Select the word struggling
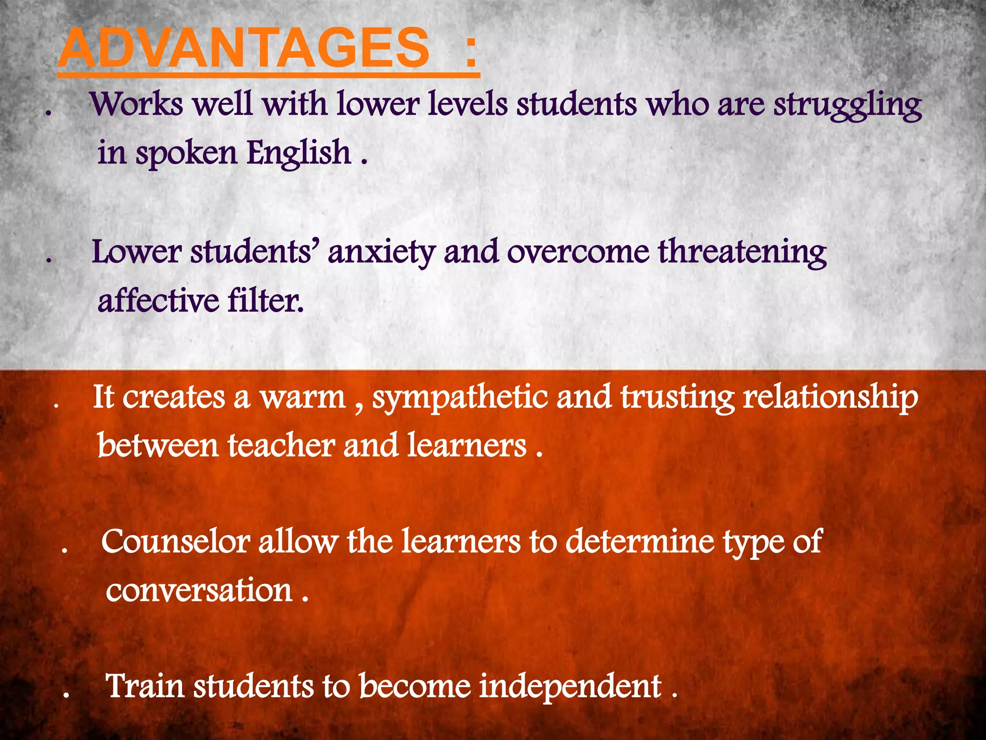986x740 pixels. [847, 105]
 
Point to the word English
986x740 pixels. [299, 153]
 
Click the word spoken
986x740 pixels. [186, 153]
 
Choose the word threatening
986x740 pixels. [742, 252]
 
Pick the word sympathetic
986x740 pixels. [460, 398]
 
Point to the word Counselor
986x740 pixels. [175, 542]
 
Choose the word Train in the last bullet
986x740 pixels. [145, 686]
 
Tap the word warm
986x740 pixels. [303, 398]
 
